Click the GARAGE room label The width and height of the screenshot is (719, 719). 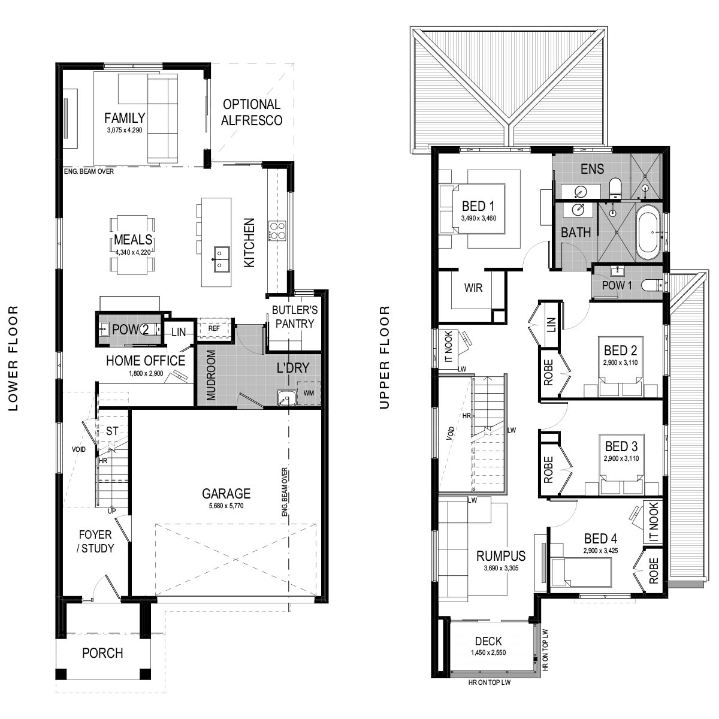click(x=226, y=493)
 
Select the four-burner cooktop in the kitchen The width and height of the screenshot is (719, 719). click(x=277, y=230)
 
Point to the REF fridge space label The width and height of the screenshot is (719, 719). click(x=214, y=328)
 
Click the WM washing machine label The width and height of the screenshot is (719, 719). click(x=309, y=393)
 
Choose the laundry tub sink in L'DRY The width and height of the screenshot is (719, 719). click(x=286, y=397)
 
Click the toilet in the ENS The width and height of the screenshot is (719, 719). click(x=614, y=188)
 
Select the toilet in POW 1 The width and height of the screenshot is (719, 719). click(x=652, y=285)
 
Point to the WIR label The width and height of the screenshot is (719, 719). click(x=473, y=288)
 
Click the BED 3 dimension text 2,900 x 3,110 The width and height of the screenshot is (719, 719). click(x=621, y=458)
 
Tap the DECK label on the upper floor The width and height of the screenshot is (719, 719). click(x=488, y=641)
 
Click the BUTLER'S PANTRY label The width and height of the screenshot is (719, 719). click(x=295, y=317)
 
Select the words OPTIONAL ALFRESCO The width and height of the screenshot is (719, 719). click(x=252, y=112)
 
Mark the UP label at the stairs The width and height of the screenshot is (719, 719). click(x=111, y=511)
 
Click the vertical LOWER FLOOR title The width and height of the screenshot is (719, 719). click(x=13, y=358)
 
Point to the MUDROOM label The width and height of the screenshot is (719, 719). click(x=211, y=375)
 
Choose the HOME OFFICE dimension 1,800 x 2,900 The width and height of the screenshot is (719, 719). click(x=146, y=373)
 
